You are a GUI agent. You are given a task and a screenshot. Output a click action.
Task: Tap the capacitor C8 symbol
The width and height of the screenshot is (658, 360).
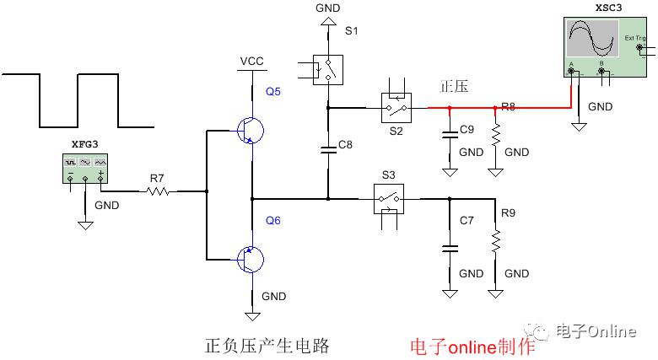tap(329, 149)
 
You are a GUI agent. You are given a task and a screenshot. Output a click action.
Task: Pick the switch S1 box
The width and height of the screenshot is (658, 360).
tap(328, 70)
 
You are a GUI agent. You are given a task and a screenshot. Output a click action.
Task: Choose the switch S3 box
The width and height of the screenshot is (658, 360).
tap(388, 199)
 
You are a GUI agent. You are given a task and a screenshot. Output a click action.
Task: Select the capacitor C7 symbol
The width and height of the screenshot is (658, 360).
tap(449, 248)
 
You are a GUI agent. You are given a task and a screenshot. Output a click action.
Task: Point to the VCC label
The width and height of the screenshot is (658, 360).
tap(251, 62)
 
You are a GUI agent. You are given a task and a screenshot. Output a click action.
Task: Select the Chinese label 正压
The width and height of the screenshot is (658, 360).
tap(454, 87)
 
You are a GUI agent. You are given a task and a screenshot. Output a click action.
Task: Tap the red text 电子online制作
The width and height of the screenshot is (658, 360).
tap(472, 347)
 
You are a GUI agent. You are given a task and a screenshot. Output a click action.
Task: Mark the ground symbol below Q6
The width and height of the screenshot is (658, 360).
tap(251, 314)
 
